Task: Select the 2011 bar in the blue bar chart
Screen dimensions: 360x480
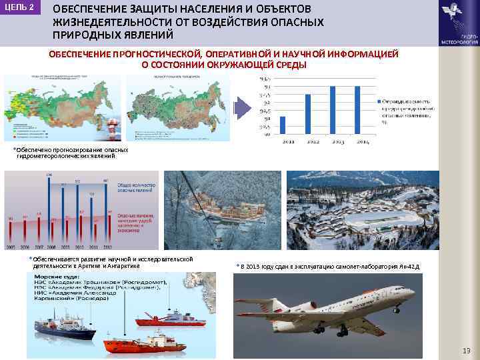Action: tap(283, 125)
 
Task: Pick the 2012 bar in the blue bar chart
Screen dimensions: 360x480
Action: tap(308, 114)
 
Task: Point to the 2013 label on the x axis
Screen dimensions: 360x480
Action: tap(333, 141)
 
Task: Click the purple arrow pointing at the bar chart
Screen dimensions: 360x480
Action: tap(241, 108)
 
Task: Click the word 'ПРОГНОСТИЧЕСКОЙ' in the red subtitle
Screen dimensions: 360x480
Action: tap(158, 54)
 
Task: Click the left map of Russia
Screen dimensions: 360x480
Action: tap(63, 107)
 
